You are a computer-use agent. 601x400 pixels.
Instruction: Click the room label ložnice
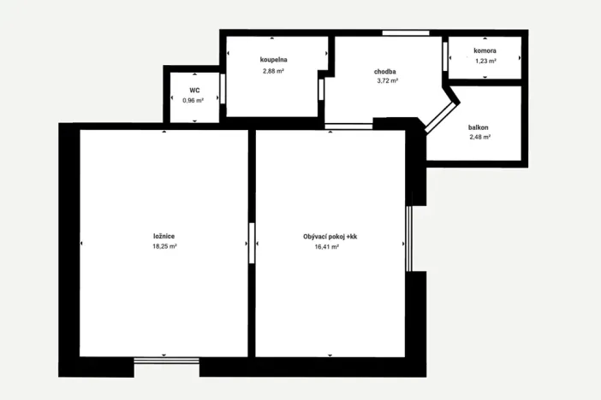pos(164,236)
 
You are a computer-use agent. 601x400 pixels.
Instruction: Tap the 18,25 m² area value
pos(164,246)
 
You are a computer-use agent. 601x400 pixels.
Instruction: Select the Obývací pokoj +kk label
pos(330,236)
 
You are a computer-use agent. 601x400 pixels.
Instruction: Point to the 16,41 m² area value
pos(327,246)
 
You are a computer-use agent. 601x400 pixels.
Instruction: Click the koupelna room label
pos(273,60)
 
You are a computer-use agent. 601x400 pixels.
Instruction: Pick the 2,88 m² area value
pos(273,71)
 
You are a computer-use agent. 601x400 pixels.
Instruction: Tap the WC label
pos(194,89)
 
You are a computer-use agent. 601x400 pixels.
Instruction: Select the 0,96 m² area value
pos(193,100)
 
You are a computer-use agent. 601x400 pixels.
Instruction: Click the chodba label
pos(385,71)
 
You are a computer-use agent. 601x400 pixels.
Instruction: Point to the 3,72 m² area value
pos(388,81)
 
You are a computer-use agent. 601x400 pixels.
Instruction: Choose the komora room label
pos(485,50)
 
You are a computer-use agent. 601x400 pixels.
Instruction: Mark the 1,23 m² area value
pos(485,61)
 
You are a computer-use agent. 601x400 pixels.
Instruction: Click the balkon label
pos(479,126)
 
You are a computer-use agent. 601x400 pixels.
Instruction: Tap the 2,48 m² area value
pos(479,137)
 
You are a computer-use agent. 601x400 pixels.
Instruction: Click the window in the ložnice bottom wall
pos(167,361)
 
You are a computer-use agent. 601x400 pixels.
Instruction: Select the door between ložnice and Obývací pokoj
pos(252,242)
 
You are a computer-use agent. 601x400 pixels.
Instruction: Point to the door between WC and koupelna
pos(223,89)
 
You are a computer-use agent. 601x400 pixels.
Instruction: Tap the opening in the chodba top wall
pos(406,33)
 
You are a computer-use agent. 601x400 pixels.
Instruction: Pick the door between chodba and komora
pos(445,56)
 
